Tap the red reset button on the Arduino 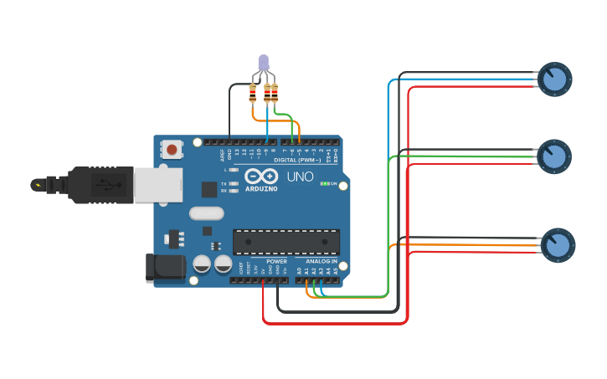click(172, 150)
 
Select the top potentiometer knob click(553, 79)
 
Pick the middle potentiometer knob click(553, 156)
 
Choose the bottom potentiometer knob click(557, 244)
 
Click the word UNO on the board click(300, 177)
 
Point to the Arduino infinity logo click(261, 177)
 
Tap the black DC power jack click(166, 267)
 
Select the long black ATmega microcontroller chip click(286, 241)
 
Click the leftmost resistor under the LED click(254, 93)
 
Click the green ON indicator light click(325, 183)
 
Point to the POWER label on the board click(276, 262)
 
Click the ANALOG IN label click(322, 262)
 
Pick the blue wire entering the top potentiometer click(469, 79)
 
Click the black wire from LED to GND click(230, 109)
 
